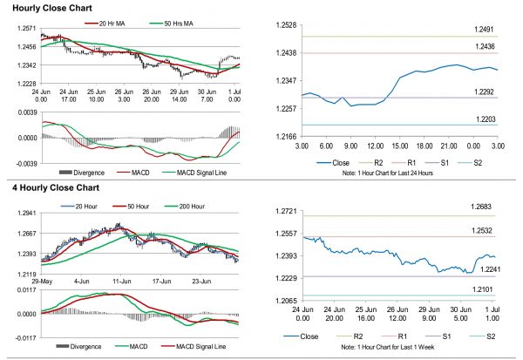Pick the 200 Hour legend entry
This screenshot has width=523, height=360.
pyautogui.click(x=187, y=207)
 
